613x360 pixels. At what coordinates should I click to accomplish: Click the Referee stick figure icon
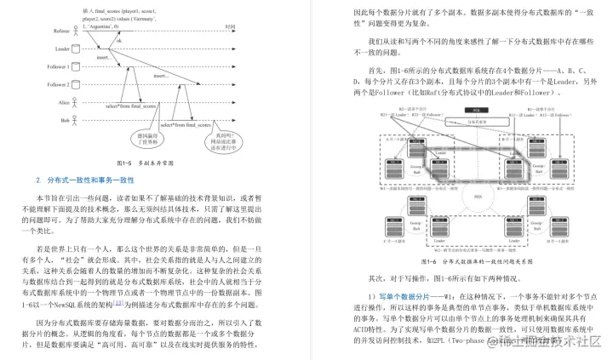[x=77, y=31]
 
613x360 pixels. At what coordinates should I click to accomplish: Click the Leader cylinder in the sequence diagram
[x=77, y=49]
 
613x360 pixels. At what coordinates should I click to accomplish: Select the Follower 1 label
[x=59, y=67]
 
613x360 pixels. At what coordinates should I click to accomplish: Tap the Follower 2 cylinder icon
[x=77, y=85]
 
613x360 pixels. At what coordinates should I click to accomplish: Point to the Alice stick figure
[x=77, y=103]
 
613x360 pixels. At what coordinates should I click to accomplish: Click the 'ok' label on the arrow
[x=118, y=40]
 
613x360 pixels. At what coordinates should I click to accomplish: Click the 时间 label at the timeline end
[x=229, y=26]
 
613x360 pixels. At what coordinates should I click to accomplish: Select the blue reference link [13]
[x=120, y=302]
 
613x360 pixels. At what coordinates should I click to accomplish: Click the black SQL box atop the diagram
[x=470, y=111]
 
